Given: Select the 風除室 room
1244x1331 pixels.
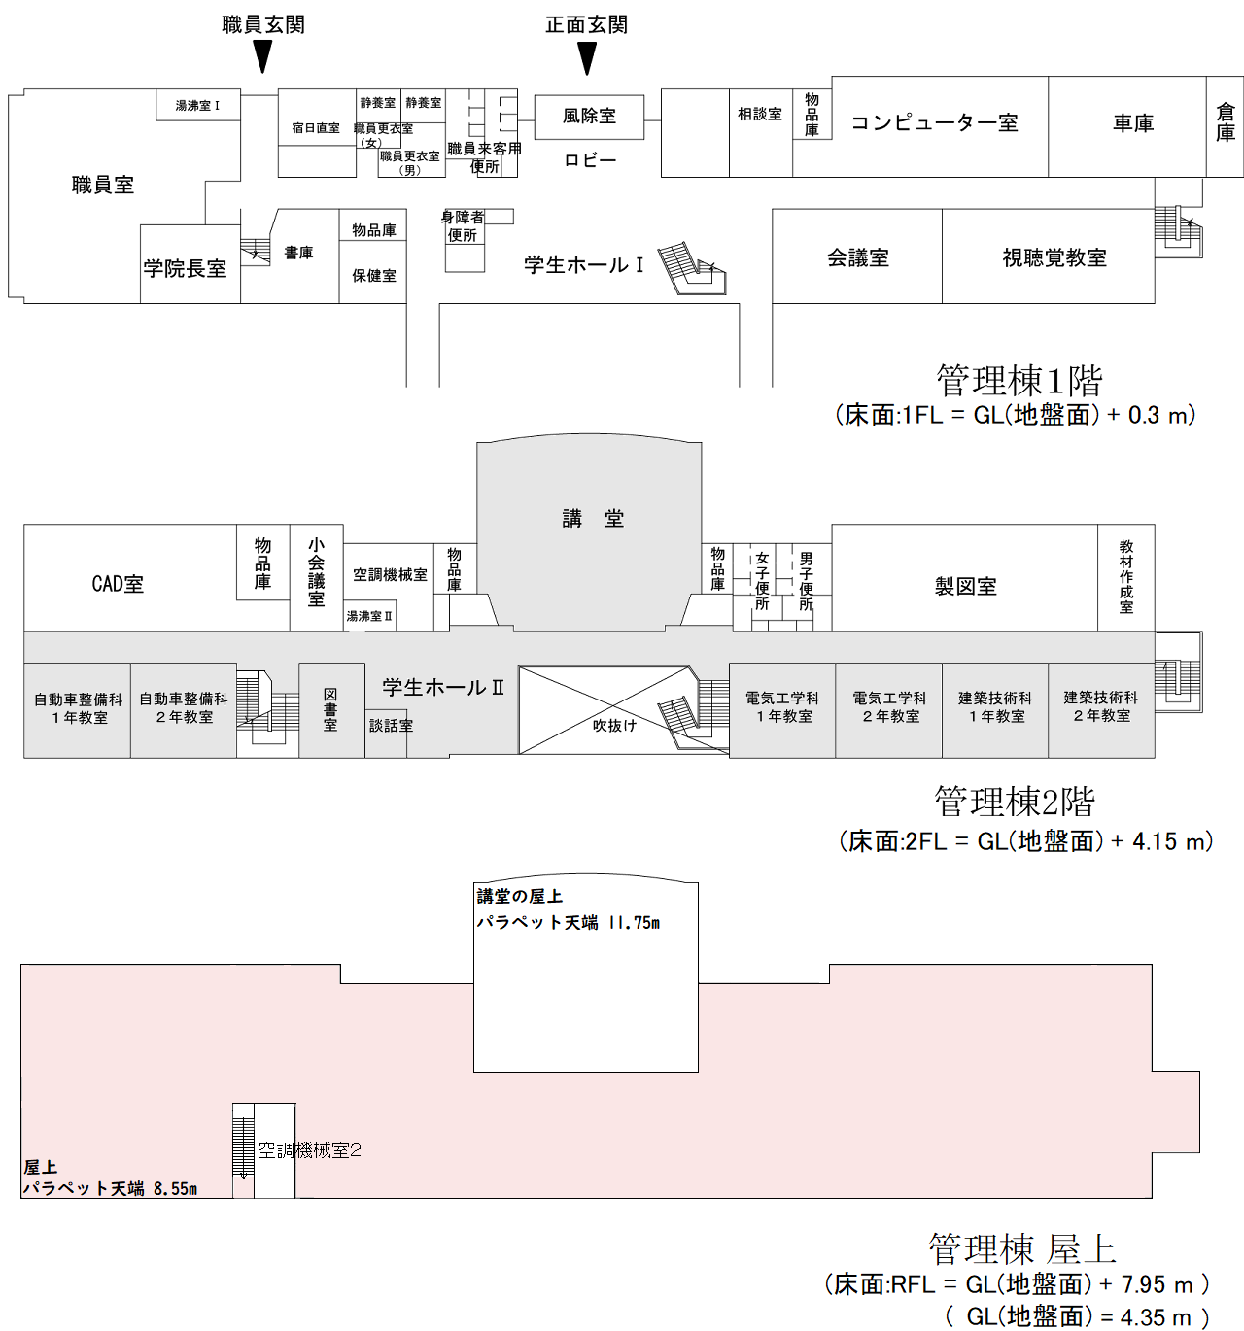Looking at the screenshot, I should pyautogui.click(x=589, y=117).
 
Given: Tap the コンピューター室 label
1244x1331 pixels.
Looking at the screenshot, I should pyautogui.click(x=934, y=123).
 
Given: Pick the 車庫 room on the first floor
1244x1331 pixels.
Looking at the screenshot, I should pyautogui.click(x=1133, y=123).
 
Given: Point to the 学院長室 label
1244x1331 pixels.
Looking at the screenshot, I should pyautogui.click(x=185, y=268).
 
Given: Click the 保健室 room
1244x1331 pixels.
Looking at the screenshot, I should pyautogui.click(x=374, y=276).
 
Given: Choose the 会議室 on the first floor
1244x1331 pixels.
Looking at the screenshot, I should pyautogui.click(x=857, y=257).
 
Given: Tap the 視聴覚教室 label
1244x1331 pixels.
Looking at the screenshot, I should pyautogui.click(x=1054, y=257).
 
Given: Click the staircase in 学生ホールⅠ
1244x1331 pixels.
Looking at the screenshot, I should pyautogui.click(x=691, y=267).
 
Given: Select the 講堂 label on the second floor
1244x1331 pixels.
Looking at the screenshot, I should pyautogui.click(x=593, y=519).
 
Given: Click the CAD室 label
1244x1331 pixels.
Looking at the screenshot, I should pyautogui.click(x=118, y=584).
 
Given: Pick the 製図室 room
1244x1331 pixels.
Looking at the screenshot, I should pyautogui.click(x=965, y=586).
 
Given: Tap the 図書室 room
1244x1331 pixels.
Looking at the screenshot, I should pyautogui.click(x=330, y=709).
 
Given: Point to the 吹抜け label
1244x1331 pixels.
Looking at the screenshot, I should pyautogui.click(x=614, y=726).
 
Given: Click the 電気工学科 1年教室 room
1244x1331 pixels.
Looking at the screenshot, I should pyautogui.click(x=782, y=707).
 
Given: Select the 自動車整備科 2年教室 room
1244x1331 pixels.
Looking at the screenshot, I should pyautogui.click(x=184, y=708).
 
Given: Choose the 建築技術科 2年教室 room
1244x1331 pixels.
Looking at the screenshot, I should pyautogui.click(x=1101, y=707).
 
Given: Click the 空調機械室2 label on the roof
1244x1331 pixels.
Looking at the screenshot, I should pyautogui.click(x=309, y=1150).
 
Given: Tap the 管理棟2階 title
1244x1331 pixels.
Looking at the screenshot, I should pyautogui.click(x=1014, y=802).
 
